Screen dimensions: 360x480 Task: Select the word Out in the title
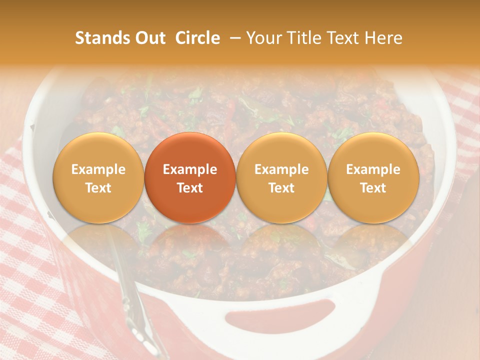[x=148, y=38]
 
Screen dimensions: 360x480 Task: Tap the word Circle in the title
[x=197, y=38]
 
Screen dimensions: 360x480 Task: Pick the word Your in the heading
[x=263, y=38]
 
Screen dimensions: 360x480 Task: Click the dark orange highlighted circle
[x=190, y=178]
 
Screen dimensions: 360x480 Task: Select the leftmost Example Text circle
[x=98, y=178]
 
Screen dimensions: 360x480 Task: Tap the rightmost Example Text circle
[x=373, y=178]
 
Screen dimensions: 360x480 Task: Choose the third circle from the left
[x=281, y=178]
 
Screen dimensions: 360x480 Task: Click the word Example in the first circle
[x=98, y=169]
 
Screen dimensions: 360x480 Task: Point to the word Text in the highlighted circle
[x=190, y=188]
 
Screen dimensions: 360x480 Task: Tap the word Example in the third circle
[x=281, y=169]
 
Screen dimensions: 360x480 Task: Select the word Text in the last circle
[x=373, y=188]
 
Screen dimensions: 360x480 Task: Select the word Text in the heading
[x=344, y=38]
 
